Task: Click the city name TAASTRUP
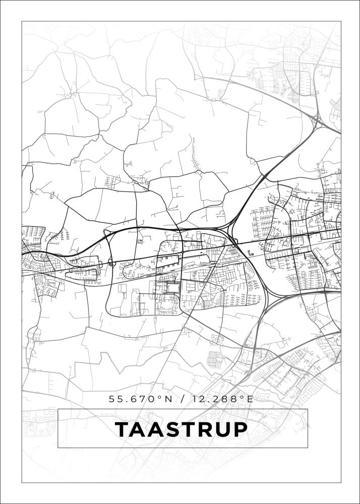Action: click(182, 429)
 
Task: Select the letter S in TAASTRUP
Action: click(173, 429)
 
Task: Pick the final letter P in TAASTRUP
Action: click(239, 429)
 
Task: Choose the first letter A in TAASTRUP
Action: click(140, 429)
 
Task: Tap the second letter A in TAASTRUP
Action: click(157, 429)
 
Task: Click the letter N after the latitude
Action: click(169, 399)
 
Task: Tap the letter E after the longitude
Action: click(249, 399)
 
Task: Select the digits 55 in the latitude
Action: click(115, 399)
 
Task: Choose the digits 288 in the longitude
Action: click(225, 399)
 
